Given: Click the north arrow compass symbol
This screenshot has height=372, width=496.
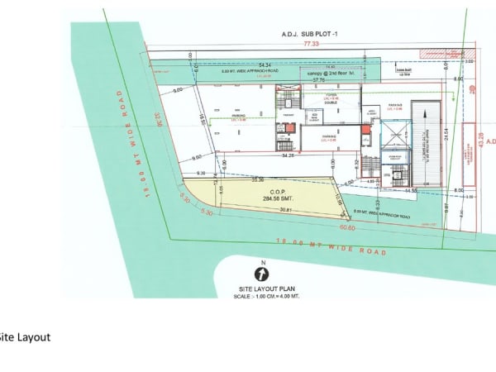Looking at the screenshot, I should tap(261, 273).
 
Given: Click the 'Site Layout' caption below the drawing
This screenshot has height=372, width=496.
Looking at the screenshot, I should tap(25, 337).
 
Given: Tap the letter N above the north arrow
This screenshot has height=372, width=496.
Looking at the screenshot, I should tap(262, 262).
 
